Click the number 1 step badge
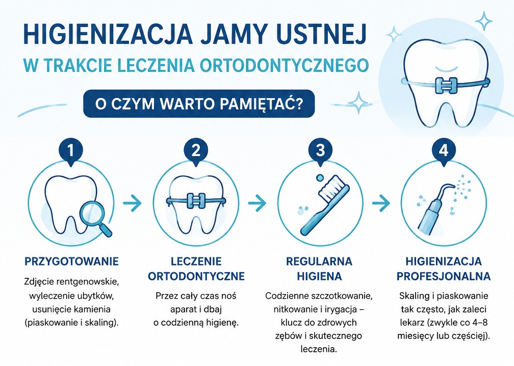click(70, 151)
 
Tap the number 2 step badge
click(196, 151)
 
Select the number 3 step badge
click(321, 151)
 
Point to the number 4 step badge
click(444, 151)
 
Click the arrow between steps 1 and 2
click(133, 203)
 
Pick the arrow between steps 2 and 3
click(257, 203)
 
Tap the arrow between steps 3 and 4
click(381, 203)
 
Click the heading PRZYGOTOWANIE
click(71, 262)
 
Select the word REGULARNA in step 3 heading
click(319, 262)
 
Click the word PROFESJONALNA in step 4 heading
click(444, 276)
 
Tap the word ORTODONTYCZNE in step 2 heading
click(196, 276)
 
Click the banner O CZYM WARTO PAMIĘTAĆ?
click(199, 103)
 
